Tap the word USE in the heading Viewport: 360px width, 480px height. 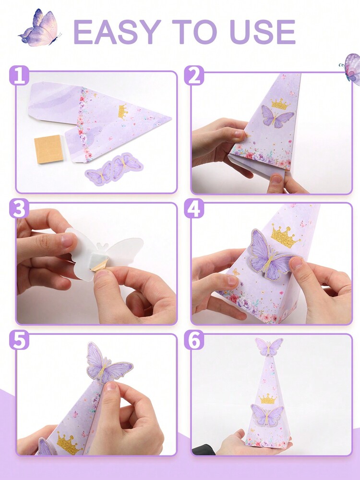(263, 32)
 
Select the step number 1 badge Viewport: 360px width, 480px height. (19, 75)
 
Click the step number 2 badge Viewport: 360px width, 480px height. (194, 75)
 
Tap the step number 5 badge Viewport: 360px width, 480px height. (19, 340)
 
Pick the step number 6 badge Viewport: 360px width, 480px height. (194, 340)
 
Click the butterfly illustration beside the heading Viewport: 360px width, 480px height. (40, 28)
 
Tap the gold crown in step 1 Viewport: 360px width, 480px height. (123, 111)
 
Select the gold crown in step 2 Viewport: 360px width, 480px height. (280, 104)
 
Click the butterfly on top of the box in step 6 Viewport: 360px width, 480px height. (269, 346)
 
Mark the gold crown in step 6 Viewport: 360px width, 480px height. (268, 398)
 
